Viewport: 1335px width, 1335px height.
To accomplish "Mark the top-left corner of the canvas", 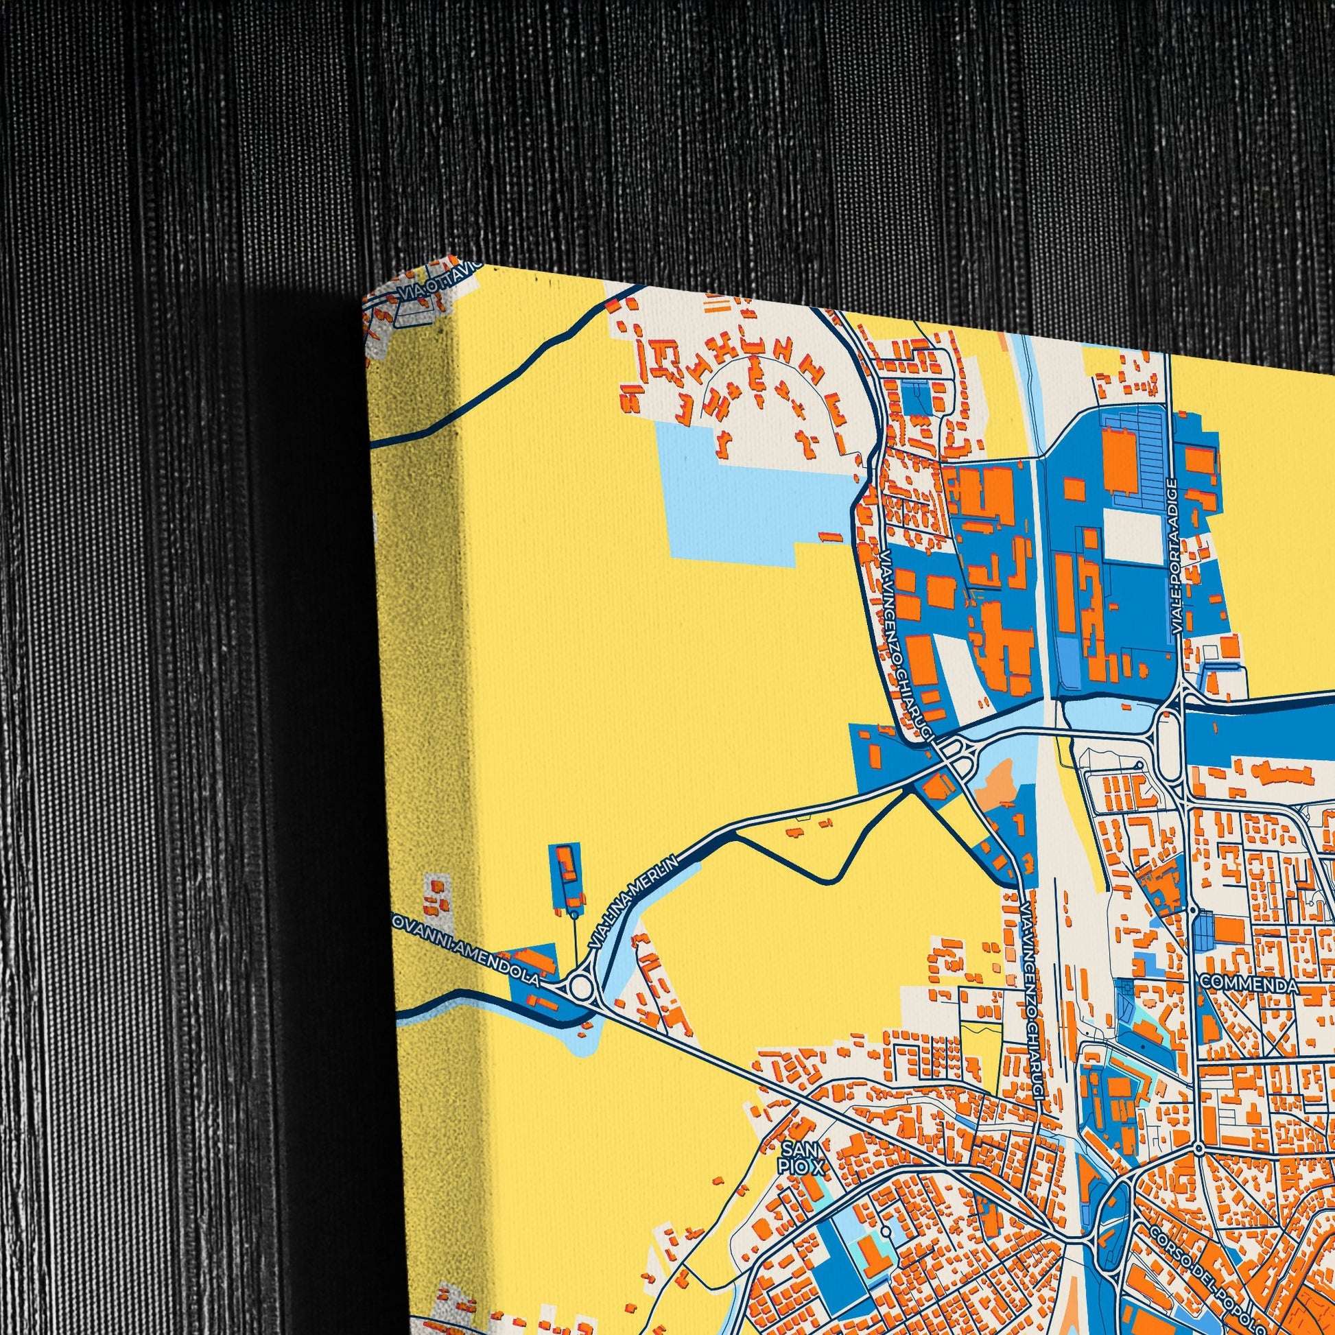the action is tap(364, 298).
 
